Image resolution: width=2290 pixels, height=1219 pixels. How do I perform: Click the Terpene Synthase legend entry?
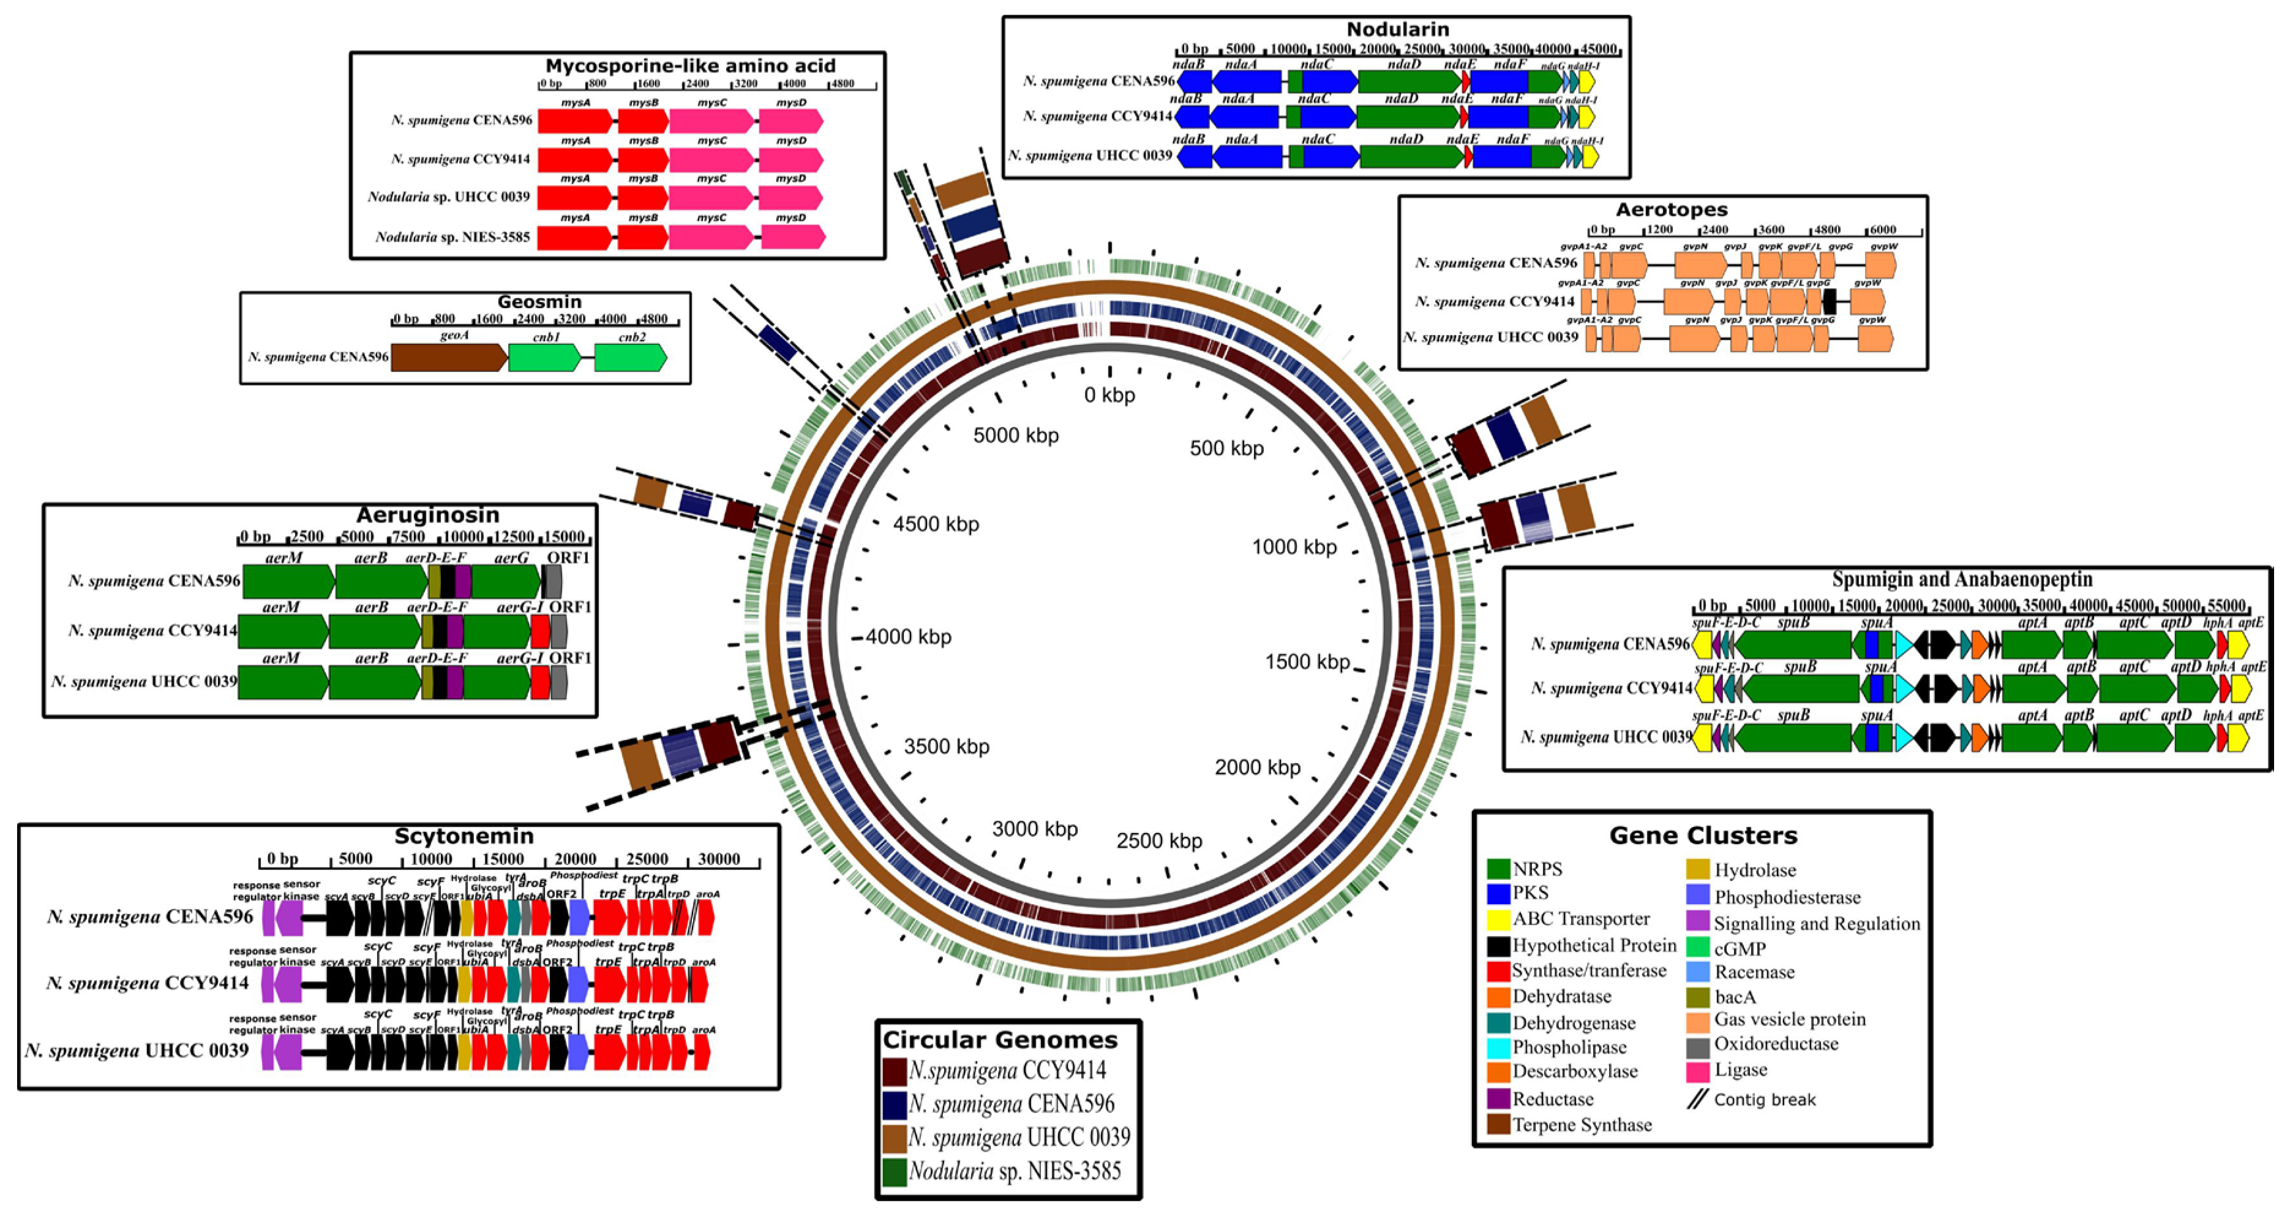pos(1582,1125)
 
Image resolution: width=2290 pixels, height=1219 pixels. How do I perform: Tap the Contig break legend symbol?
pos(1697,1100)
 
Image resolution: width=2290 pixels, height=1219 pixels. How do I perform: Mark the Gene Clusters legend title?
pos(1702,836)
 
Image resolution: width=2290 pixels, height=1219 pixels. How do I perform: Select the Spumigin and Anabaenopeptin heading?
pos(1962,579)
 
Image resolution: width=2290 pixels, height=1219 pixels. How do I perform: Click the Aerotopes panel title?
pos(1672,210)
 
